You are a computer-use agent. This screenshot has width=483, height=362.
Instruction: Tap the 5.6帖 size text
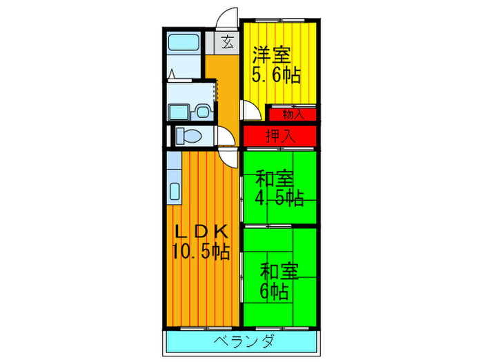click(x=276, y=74)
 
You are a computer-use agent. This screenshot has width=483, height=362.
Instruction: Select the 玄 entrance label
click(x=227, y=41)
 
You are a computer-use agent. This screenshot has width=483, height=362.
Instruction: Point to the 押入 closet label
click(x=280, y=136)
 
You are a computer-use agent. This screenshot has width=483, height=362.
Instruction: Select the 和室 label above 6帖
click(x=279, y=271)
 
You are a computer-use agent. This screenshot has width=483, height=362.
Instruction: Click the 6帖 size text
click(x=275, y=291)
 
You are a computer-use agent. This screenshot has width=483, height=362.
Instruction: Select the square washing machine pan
click(x=179, y=111)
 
